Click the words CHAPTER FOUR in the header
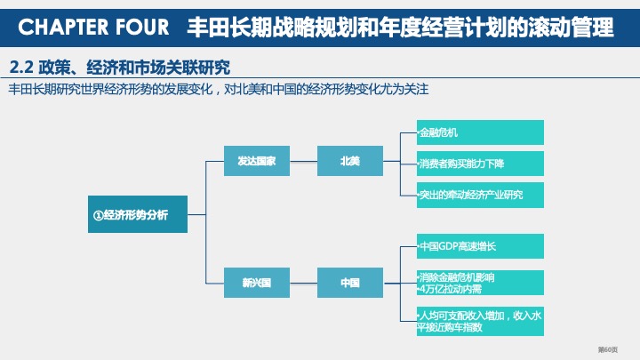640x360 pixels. (93, 28)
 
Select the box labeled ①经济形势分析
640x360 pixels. (138, 214)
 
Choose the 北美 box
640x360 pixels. (349, 161)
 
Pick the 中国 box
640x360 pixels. (349, 283)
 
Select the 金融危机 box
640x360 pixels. (479, 132)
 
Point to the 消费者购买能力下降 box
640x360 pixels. (479, 164)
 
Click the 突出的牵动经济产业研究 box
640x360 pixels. (479, 195)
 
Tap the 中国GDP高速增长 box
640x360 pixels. (479, 246)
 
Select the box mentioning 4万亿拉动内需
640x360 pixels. (479, 283)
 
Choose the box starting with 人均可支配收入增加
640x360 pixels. (479, 320)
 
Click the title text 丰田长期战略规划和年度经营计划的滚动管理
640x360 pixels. (400, 28)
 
